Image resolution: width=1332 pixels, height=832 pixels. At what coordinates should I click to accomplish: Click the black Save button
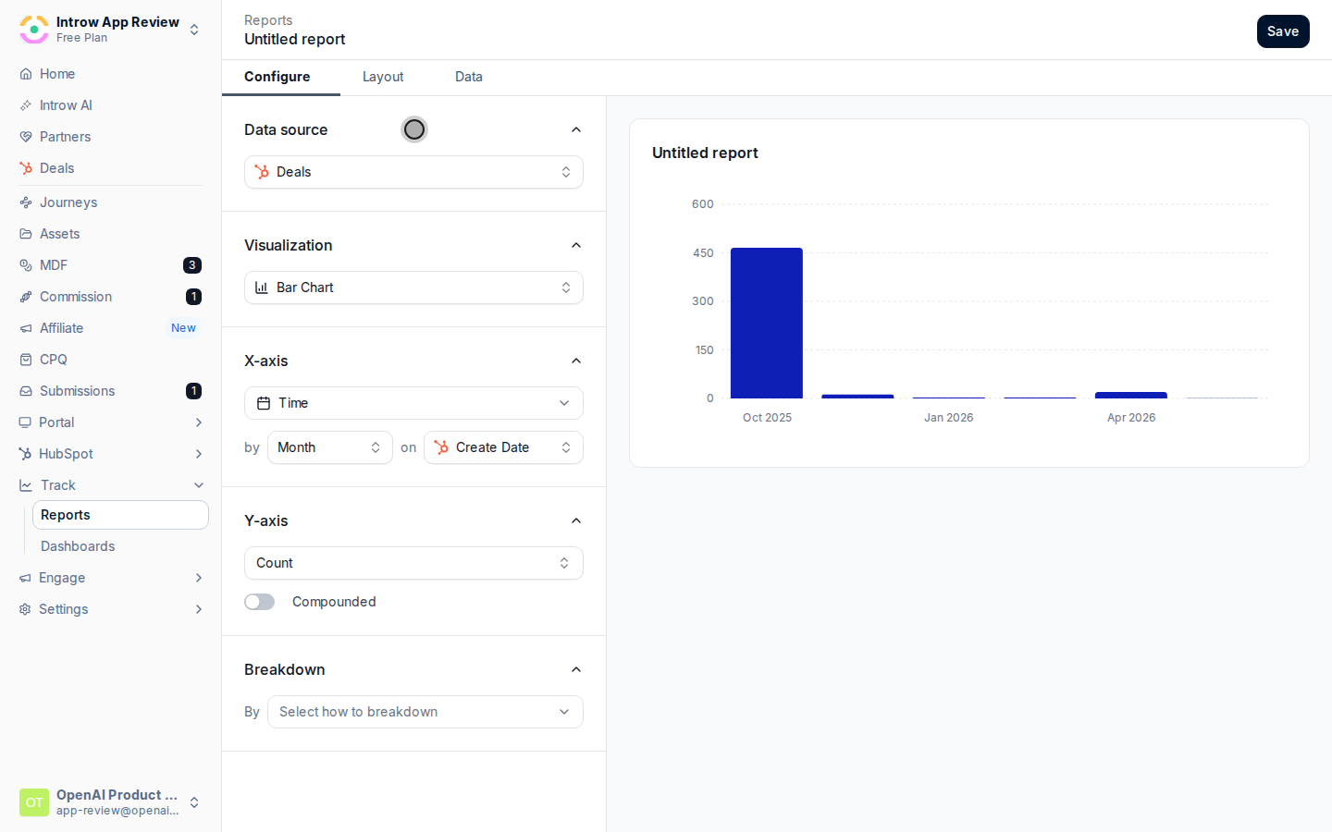pyautogui.click(x=1283, y=31)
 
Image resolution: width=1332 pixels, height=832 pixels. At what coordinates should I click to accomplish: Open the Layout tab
pyautogui.click(x=383, y=77)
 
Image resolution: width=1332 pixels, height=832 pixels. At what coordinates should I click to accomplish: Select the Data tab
pyautogui.click(x=469, y=77)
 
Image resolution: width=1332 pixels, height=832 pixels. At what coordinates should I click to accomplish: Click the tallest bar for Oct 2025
pyautogui.click(x=767, y=323)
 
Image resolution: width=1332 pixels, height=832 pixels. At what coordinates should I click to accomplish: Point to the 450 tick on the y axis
pyautogui.click(x=702, y=252)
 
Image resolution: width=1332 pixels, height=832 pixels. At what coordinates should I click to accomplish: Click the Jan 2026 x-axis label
pyautogui.click(x=948, y=417)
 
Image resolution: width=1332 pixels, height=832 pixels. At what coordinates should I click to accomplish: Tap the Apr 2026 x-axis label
pyautogui.click(x=1131, y=417)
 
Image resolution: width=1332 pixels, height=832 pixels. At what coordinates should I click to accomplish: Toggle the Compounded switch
pyautogui.click(x=259, y=602)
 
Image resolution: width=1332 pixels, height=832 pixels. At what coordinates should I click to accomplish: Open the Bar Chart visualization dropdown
pyautogui.click(x=413, y=288)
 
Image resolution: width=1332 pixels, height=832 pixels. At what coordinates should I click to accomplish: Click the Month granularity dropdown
pyautogui.click(x=329, y=447)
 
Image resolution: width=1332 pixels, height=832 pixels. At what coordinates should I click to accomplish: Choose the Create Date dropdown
pyautogui.click(x=503, y=447)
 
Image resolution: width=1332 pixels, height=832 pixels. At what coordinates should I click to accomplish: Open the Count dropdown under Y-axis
pyautogui.click(x=413, y=563)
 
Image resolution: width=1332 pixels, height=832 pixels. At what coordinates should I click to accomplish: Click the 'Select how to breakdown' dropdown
pyautogui.click(x=425, y=712)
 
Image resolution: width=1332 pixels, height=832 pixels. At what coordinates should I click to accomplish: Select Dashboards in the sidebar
pyautogui.click(x=78, y=546)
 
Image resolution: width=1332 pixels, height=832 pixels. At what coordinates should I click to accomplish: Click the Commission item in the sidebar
pyautogui.click(x=76, y=297)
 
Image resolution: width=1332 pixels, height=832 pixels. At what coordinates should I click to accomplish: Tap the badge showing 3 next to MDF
pyautogui.click(x=192, y=265)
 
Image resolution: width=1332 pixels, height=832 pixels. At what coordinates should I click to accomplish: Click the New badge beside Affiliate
pyautogui.click(x=183, y=328)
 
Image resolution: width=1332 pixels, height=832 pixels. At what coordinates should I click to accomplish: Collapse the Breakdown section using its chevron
pyautogui.click(x=575, y=669)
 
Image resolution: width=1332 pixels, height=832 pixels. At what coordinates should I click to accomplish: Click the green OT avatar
pyautogui.click(x=34, y=802)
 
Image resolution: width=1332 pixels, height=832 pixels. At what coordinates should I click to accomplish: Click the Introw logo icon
pyautogui.click(x=34, y=30)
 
